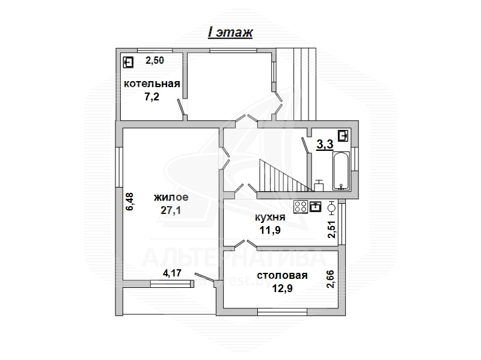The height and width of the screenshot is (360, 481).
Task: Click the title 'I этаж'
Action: [x=230, y=33]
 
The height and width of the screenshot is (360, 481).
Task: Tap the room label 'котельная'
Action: [x=152, y=84]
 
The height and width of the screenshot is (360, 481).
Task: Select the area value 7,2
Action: [x=152, y=97]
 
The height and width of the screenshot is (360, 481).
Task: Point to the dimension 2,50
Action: [x=155, y=60]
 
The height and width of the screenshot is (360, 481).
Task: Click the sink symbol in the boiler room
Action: [x=128, y=63]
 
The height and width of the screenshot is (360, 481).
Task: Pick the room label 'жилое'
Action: [x=171, y=197]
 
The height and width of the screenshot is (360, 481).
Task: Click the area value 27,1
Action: [x=171, y=210]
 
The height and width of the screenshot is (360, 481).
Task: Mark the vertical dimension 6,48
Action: [x=130, y=201]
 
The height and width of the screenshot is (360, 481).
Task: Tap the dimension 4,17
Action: [x=172, y=273]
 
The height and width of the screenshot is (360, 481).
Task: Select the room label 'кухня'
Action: [x=270, y=218]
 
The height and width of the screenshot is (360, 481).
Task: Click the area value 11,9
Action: [x=270, y=230]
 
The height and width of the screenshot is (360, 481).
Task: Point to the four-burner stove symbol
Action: [x=301, y=206]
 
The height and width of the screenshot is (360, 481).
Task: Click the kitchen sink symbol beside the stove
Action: [x=315, y=206]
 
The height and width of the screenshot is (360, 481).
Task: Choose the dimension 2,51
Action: [x=332, y=230]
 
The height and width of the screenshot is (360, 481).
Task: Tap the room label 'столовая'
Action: [x=282, y=275]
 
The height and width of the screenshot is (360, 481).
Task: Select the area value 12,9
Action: [x=282, y=288]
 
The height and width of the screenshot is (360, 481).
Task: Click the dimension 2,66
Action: [x=331, y=279]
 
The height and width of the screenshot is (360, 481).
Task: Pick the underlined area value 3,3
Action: [x=325, y=144]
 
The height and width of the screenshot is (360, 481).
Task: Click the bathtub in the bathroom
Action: [x=341, y=171]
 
